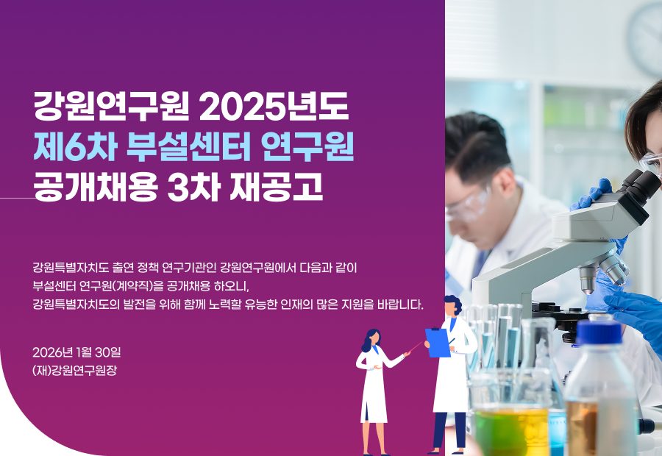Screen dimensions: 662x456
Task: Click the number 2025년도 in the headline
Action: (x=274, y=106)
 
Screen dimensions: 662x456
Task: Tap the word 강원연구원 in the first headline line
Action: (x=111, y=106)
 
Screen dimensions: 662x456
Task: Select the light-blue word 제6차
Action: (x=75, y=146)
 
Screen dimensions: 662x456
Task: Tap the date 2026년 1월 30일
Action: (x=76, y=352)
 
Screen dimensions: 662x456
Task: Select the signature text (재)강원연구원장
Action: (x=75, y=370)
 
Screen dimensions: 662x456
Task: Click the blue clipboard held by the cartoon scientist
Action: (x=438, y=343)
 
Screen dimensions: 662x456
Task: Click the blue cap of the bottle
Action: (x=599, y=332)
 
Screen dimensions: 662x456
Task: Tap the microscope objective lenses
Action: (x=604, y=270)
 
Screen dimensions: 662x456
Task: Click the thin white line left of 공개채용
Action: (x=18, y=198)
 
